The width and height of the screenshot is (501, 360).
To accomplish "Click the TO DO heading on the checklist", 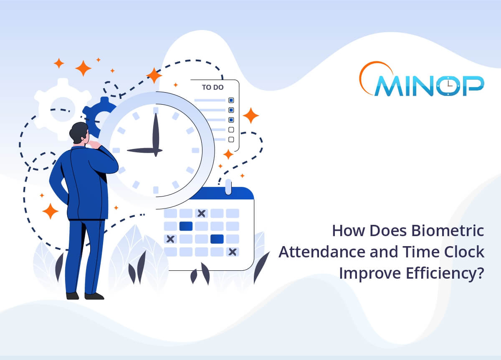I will coord(213,88).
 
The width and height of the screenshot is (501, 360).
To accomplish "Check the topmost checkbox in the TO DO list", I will coord(231,101).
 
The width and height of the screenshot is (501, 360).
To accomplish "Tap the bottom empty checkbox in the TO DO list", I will coord(231,139).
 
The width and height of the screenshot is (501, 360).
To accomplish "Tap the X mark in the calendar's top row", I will coord(201,214).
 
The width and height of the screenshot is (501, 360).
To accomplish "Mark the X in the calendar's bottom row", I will coord(232,252).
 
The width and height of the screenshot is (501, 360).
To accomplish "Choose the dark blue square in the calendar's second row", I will coord(186,226).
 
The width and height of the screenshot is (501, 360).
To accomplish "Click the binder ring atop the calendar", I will coord(228,186).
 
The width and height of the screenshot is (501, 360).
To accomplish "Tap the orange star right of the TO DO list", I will coord(250,116).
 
